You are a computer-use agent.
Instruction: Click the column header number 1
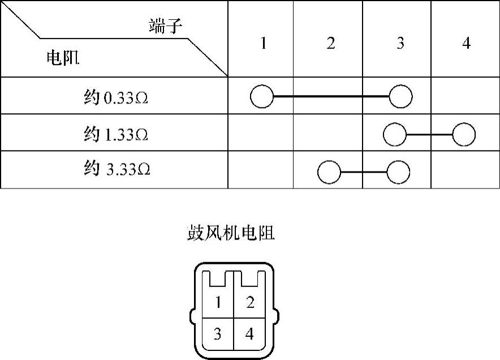point(262,44)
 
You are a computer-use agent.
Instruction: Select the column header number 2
point(330,44)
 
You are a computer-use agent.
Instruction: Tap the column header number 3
point(400,44)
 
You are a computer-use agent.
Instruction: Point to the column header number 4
point(466,44)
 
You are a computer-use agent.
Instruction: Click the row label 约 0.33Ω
point(116,97)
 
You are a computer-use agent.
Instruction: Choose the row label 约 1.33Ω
point(116,135)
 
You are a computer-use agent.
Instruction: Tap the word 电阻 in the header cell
point(62,58)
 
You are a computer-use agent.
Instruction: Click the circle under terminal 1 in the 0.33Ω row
point(261,97)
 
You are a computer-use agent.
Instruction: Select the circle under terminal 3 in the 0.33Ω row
point(400,97)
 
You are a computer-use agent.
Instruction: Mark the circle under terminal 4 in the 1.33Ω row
point(464,135)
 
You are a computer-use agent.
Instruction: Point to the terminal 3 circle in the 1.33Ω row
point(394,135)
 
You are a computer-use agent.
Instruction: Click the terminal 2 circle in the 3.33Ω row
point(329,172)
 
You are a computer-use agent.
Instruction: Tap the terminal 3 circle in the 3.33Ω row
point(398,172)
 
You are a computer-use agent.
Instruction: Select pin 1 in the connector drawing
point(218,303)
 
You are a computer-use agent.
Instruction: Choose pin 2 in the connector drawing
point(250,303)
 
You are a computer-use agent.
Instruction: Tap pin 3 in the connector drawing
point(218,334)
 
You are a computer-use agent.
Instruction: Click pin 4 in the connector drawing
point(249,334)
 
